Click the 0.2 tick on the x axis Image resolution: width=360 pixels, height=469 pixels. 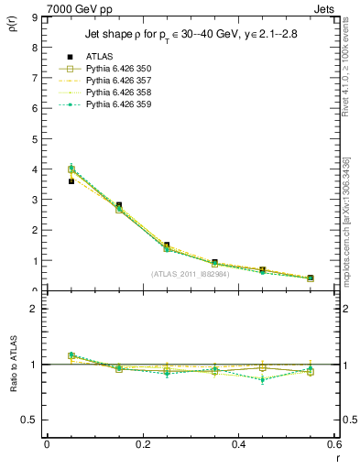pos(142,443)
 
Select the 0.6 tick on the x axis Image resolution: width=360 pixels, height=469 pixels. pos(334,443)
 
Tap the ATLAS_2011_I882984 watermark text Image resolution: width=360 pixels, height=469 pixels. pos(190,273)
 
